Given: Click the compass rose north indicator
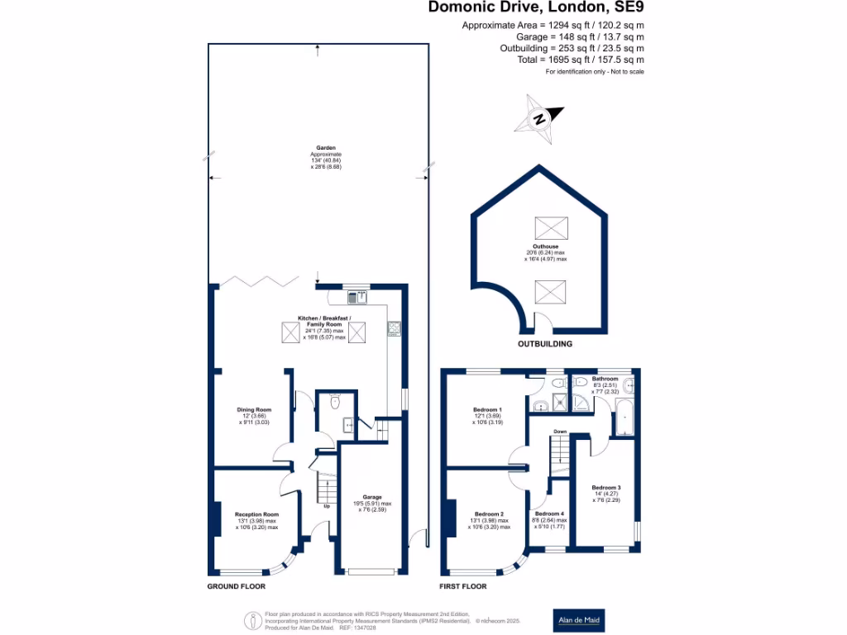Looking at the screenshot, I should pyautogui.click(x=539, y=118).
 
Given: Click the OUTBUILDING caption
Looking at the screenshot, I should pyautogui.click(x=544, y=343).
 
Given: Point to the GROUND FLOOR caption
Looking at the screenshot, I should pyautogui.click(x=236, y=586).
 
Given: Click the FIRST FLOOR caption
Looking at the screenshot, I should pyautogui.click(x=463, y=586).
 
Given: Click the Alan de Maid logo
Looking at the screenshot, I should pyautogui.click(x=578, y=620).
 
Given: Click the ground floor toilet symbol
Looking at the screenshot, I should pyautogui.click(x=334, y=403).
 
